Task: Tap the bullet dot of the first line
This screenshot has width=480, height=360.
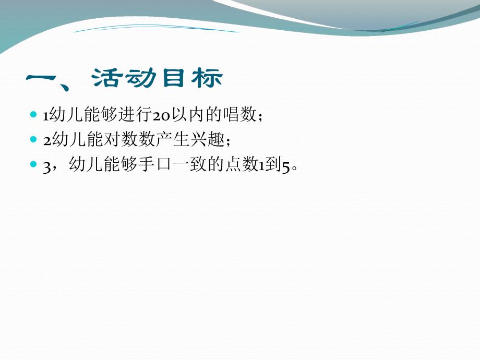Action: tap(34, 114)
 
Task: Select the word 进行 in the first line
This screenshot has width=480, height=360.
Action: tap(135, 114)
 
